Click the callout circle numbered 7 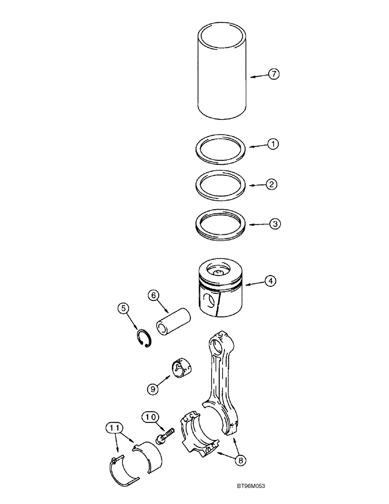pos(273,75)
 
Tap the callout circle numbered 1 pos(273,144)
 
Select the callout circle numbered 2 pos(271,184)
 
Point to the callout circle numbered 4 pos(272,281)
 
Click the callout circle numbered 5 pos(123,307)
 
